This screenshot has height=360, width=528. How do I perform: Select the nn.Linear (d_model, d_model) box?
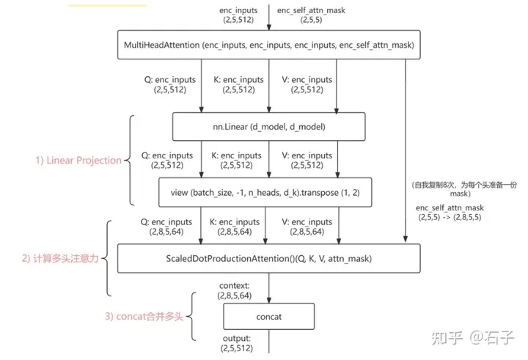point(268,127)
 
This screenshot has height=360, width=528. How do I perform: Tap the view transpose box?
point(268,192)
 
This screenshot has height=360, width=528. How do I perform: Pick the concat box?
point(268,317)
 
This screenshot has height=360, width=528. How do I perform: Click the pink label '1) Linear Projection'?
point(78,161)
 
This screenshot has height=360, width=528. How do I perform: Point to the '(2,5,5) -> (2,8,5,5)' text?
point(448,218)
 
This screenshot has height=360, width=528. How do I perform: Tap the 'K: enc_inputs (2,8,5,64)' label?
point(235,226)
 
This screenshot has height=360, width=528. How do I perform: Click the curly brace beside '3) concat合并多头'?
point(194,316)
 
